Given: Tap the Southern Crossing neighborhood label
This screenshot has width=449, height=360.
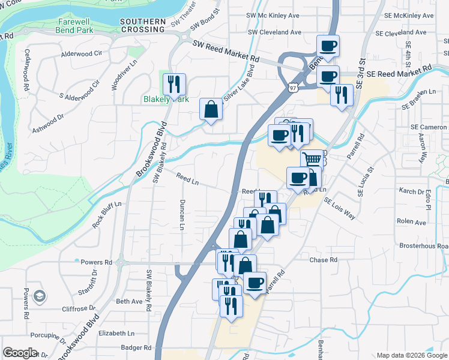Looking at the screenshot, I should click(142, 25).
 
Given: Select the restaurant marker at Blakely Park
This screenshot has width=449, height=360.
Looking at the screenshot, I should click(174, 85).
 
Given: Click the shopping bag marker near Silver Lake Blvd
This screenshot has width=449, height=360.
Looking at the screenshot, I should click(211, 109).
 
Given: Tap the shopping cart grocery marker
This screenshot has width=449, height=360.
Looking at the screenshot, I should click(312, 160).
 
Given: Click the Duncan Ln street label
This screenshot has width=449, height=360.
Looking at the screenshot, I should click(181, 215).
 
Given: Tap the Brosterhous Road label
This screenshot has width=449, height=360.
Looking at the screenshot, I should click(426, 246).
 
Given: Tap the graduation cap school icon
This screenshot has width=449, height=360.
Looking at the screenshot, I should click(39, 296).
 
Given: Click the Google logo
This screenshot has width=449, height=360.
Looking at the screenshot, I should click(20, 353).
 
